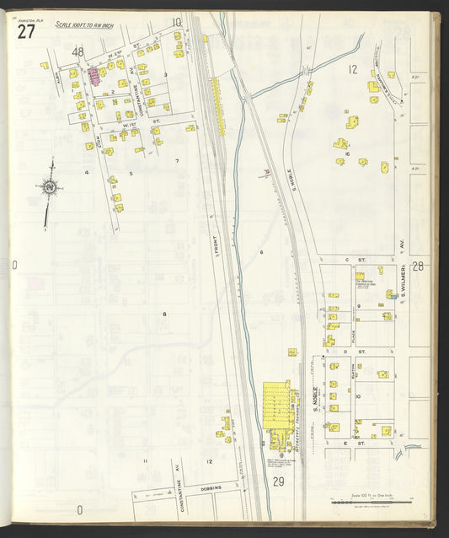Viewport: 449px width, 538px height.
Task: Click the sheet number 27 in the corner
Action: click(x=25, y=32)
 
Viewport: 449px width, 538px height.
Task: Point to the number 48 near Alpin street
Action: click(x=78, y=52)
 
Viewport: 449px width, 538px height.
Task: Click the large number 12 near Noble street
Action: click(x=353, y=68)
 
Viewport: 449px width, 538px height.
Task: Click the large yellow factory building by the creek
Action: click(x=276, y=405)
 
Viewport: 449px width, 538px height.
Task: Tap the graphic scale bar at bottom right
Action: click(x=371, y=501)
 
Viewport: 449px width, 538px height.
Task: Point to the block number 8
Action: click(x=164, y=315)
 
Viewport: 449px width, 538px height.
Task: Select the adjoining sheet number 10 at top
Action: click(x=177, y=22)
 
